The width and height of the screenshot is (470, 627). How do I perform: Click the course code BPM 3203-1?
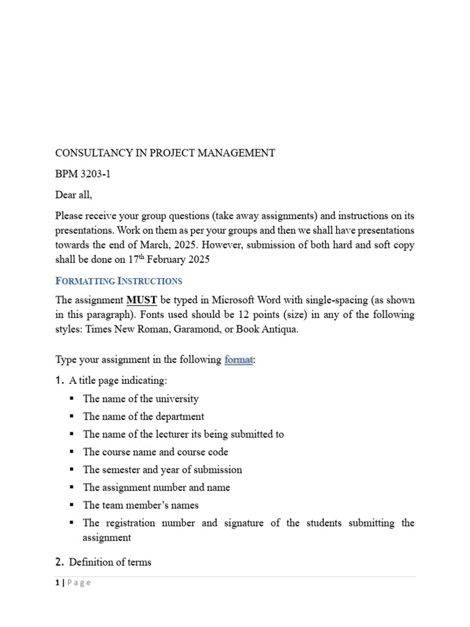pyautogui.click(x=83, y=174)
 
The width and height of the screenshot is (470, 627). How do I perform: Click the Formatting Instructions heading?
pyautogui.click(x=119, y=281)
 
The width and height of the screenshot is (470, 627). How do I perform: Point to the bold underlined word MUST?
pyautogui.click(x=141, y=301)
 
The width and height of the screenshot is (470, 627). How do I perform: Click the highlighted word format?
pyautogui.click(x=238, y=360)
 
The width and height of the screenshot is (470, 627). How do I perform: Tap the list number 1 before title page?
pyautogui.click(x=59, y=381)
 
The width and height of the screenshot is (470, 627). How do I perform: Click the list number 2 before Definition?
pyautogui.click(x=59, y=562)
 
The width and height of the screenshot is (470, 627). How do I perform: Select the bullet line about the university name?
pyautogui.click(x=141, y=399)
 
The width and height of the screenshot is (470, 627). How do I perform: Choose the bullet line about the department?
pyautogui.click(x=143, y=416)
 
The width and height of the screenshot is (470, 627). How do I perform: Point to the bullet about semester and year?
pyautogui.click(x=162, y=470)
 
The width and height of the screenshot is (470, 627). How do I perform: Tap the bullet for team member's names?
pyautogui.click(x=141, y=505)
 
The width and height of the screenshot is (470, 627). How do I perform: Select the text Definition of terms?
pyautogui.click(x=110, y=562)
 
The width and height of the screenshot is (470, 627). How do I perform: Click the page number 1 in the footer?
pyautogui.click(x=57, y=583)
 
